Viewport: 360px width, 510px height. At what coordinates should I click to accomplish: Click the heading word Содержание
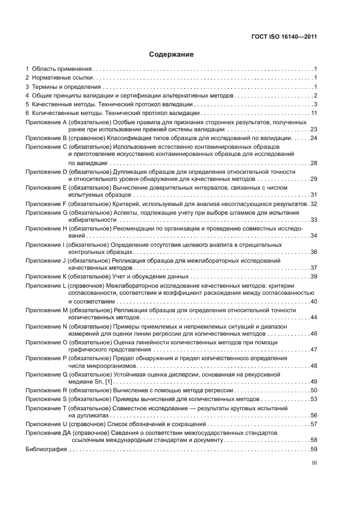click(172, 55)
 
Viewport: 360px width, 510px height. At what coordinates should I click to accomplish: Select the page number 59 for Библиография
click(313, 450)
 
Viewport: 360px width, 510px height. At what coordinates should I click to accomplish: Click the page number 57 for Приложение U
click(313, 423)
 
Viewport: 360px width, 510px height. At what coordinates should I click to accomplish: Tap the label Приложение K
click(46, 276)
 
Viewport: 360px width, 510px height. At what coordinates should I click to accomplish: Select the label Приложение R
click(46, 390)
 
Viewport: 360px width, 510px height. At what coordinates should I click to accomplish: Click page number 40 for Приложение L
click(313, 301)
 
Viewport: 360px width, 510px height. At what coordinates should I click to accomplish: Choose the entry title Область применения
click(61, 69)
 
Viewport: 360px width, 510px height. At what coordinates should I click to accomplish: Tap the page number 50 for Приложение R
click(313, 390)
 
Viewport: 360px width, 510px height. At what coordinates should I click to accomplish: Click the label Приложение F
click(46, 203)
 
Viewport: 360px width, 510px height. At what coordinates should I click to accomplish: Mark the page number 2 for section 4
click(315, 95)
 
